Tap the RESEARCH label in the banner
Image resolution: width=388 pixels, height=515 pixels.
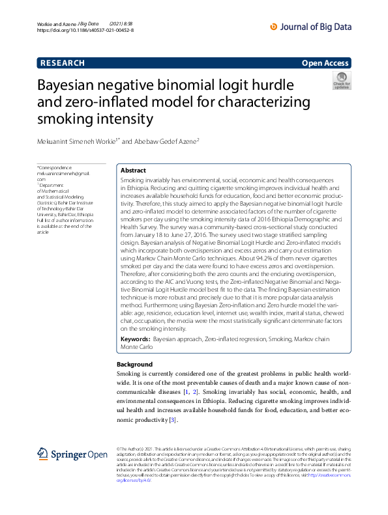tap(63, 63)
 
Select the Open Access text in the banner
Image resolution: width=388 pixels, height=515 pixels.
tap(325, 63)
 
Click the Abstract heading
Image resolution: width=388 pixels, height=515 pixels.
tap(133, 170)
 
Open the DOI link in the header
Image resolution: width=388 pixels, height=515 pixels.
tap(85, 31)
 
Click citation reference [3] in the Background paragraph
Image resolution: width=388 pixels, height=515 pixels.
tap(172, 421)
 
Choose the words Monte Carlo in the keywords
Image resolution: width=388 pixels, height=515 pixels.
tap(137, 348)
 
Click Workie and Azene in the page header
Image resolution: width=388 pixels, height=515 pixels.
tap(55, 23)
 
